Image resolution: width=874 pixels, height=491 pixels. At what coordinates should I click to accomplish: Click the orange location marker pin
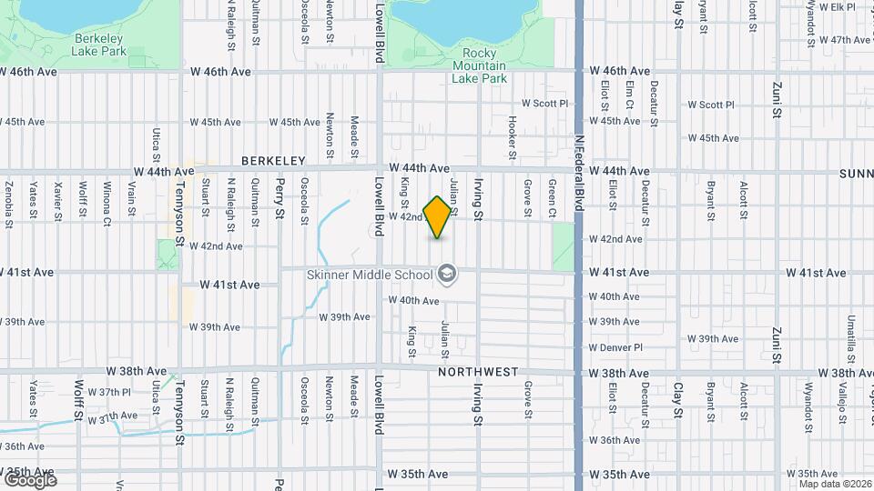tap(438, 217)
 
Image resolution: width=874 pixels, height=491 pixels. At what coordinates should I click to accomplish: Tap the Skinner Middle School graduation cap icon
tap(446, 273)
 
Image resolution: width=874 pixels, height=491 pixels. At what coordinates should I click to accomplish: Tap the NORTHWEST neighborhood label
tap(478, 372)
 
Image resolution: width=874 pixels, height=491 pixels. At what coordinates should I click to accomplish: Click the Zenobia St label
tap(8, 198)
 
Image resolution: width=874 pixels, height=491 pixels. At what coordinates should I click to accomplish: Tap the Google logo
tap(29, 479)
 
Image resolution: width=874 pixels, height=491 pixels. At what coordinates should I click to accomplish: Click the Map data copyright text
tap(832, 484)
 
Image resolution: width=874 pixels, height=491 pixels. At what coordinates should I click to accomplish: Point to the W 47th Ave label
tap(846, 40)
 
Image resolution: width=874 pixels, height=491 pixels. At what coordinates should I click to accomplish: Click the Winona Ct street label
tap(107, 204)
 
